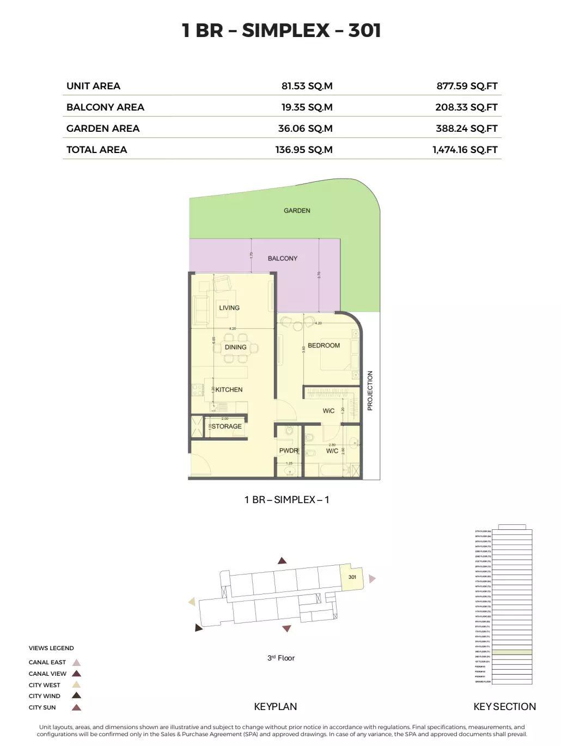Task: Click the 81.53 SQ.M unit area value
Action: point(307,86)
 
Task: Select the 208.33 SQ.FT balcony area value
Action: point(466,107)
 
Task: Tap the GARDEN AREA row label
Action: point(103,129)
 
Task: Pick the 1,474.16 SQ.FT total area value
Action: point(465,150)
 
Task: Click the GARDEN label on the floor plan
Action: point(297,211)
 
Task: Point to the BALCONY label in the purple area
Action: point(283,259)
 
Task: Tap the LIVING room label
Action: point(229,308)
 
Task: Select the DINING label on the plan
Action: point(235,347)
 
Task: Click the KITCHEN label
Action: point(229,390)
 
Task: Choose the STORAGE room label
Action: point(227,427)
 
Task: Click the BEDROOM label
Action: point(324,346)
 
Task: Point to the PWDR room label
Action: point(288,451)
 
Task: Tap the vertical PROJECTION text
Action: point(370,390)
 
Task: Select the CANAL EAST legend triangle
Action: point(77,663)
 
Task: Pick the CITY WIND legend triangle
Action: point(77,696)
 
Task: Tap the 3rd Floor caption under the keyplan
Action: point(281,658)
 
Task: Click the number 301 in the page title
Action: point(364,30)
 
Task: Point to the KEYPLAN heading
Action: point(276,707)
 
